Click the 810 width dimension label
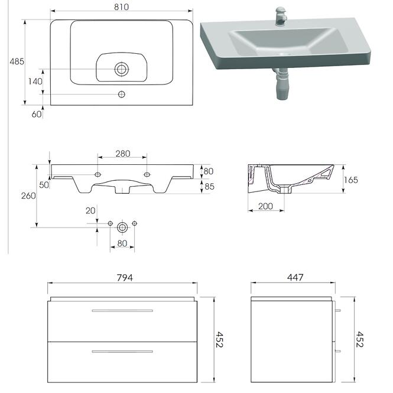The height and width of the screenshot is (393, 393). coord(122,7)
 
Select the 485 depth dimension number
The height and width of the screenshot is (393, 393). coord(17,61)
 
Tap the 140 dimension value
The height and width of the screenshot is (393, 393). coord(35,82)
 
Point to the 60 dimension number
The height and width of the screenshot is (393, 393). coord(37,114)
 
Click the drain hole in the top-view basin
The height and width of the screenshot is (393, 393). coord(122,69)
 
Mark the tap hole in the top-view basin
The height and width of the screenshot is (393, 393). coord(122,94)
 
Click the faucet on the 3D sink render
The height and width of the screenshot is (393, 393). coord(281,17)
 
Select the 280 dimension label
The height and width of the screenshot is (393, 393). coord(123,154)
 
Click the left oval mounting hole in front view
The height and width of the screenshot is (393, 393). coord(98,174)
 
